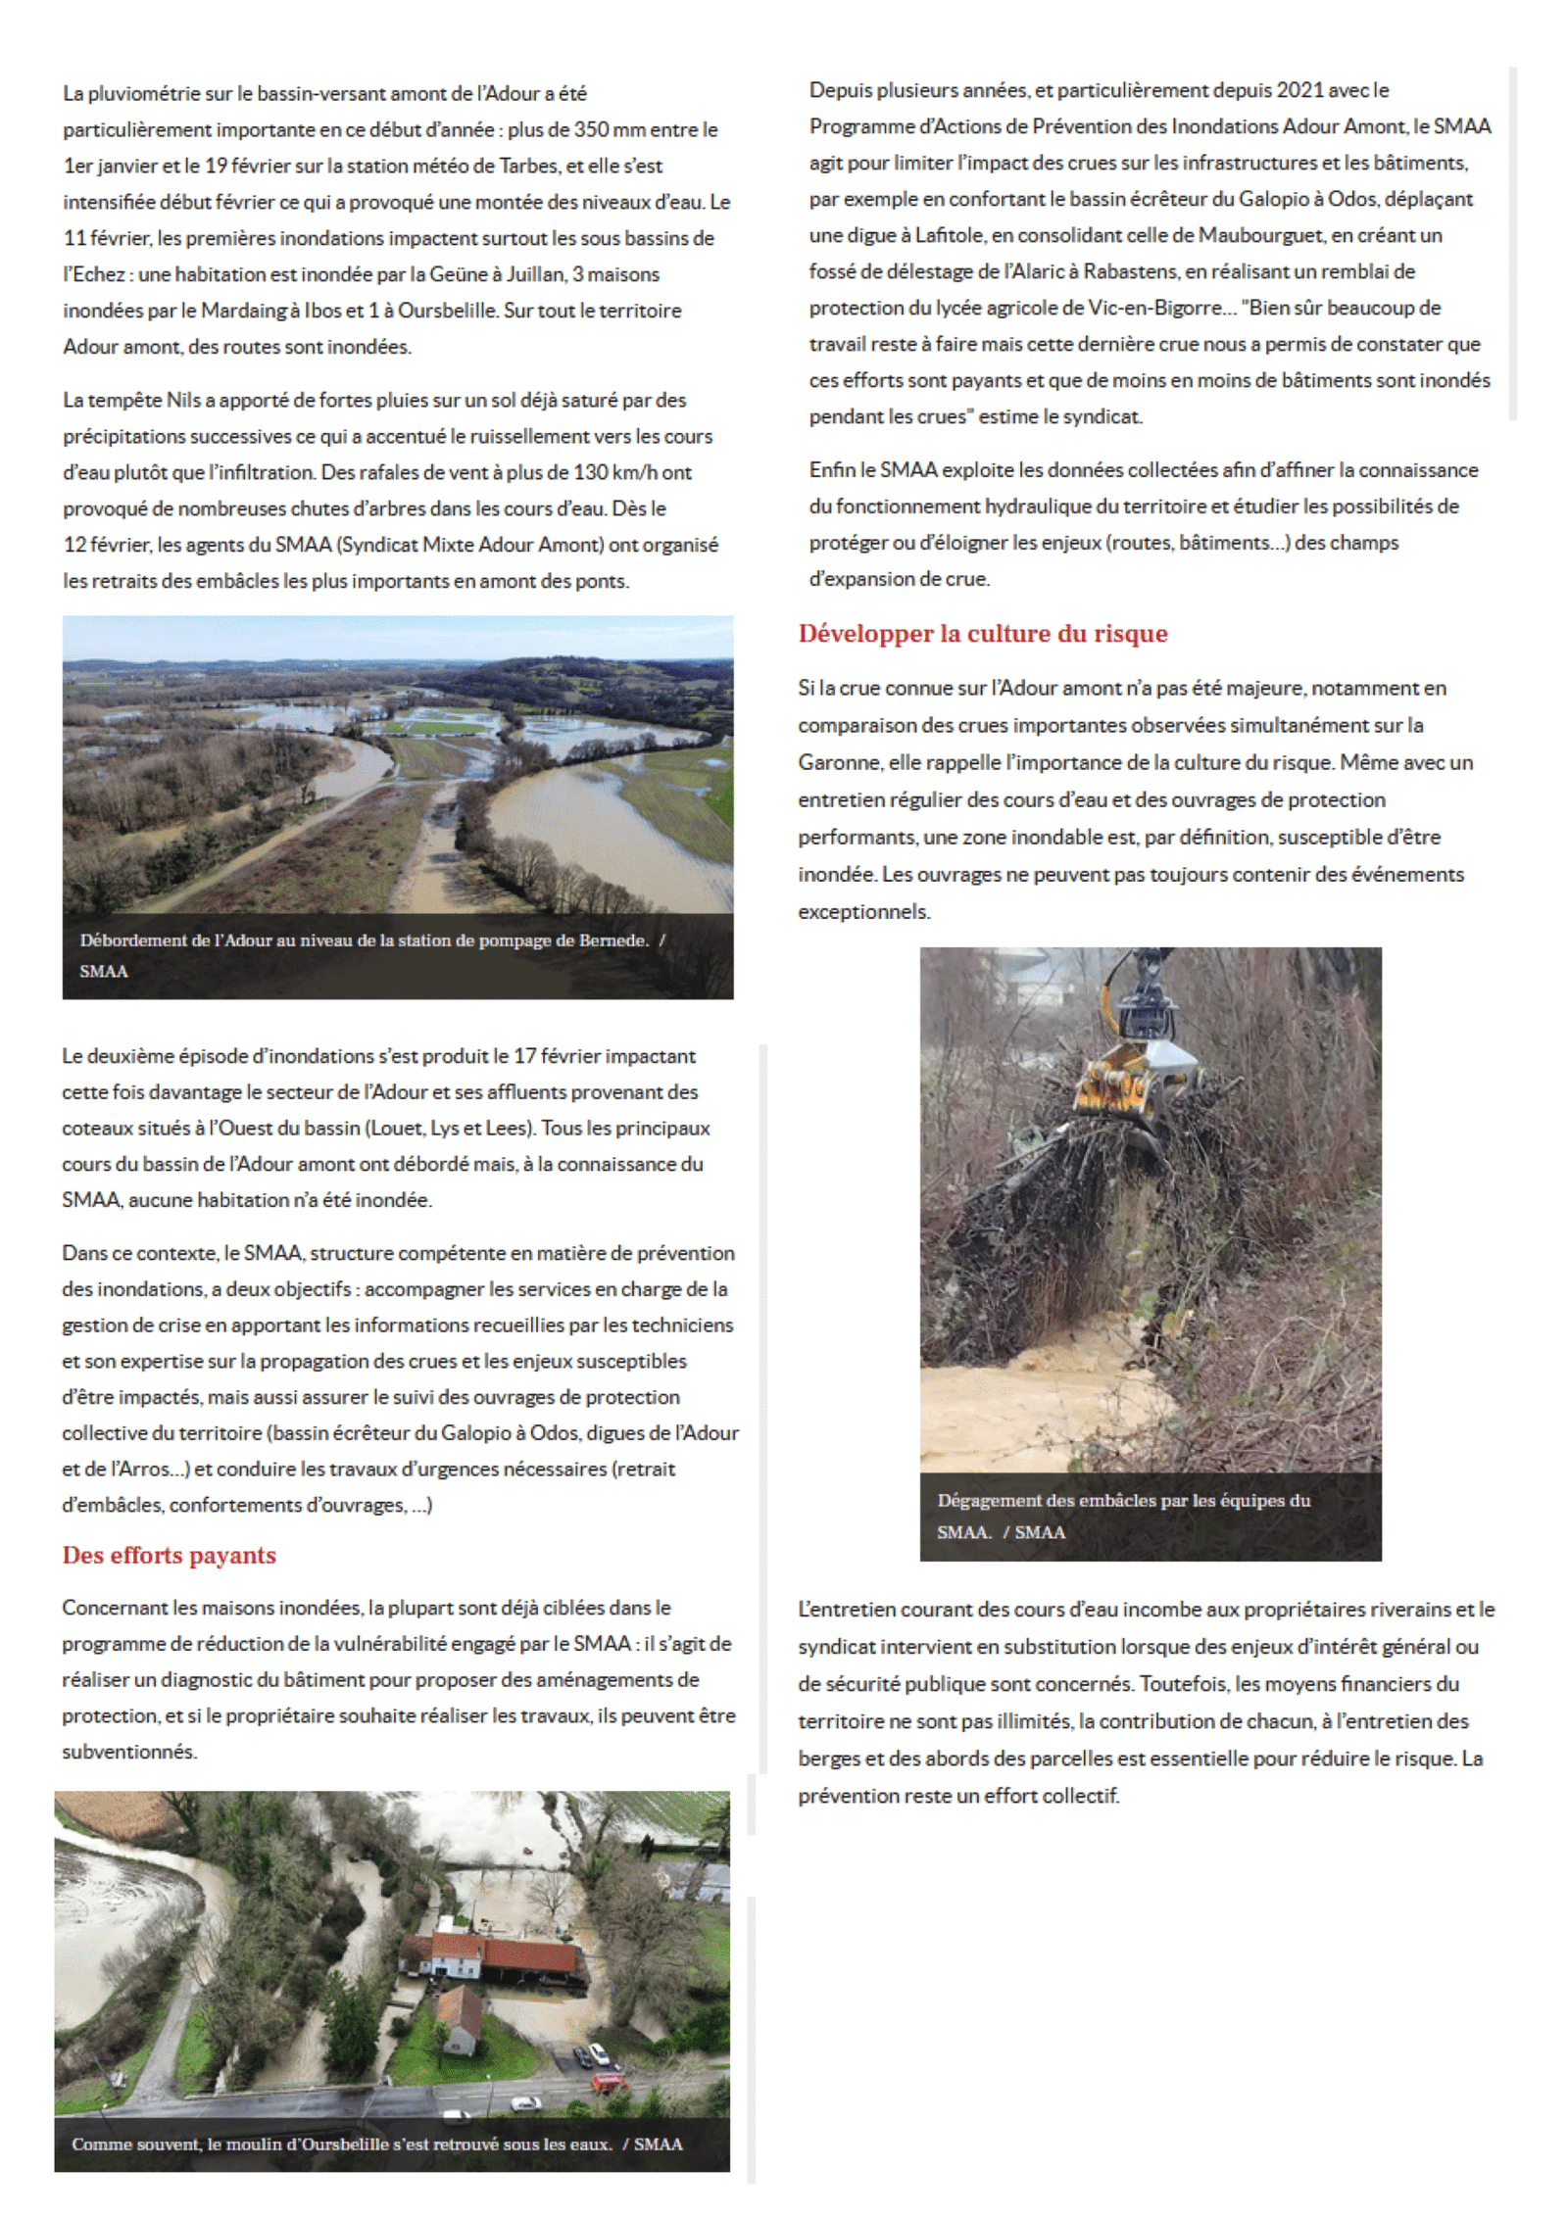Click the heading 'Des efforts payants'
click(x=169, y=1555)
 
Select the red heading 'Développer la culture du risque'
click(x=982, y=634)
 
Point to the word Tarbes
click(x=527, y=166)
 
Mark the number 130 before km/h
click(x=591, y=472)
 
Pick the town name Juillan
click(x=531, y=274)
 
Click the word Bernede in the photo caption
click(x=612, y=940)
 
